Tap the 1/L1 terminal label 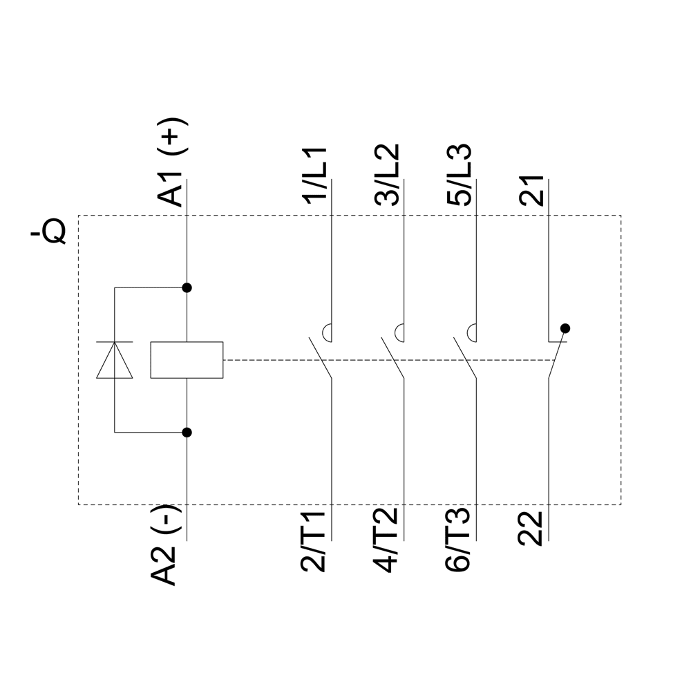tap(317, 174)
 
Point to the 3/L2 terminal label tap(386, 174)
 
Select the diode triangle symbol tap(115, 361)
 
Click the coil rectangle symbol tap(187, 360)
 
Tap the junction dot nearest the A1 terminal tap(187, 287)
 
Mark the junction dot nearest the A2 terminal tap(187, 433)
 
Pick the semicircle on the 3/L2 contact tap(400, 332)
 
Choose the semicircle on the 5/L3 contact tap(473, 332)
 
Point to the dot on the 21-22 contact tap(565, 328)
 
